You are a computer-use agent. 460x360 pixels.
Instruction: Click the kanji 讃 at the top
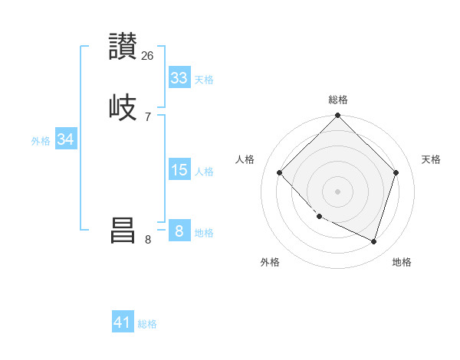click(x=123, y=47)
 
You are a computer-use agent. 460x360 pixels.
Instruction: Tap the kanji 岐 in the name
click(x=123, y=106)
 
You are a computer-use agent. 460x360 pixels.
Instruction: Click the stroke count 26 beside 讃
click(x=148, y=56)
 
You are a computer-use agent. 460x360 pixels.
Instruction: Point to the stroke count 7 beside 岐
click(x=148, y=116)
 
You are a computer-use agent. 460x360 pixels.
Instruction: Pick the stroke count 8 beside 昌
click(x=148, y=240)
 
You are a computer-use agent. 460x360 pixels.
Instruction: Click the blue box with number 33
click(x=179, y=77)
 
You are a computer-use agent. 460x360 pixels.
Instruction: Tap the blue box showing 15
click(x=179, y=169)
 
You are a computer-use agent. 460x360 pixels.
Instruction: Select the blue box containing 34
click(x=66, y=139)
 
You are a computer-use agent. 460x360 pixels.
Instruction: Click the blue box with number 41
click(x=123, y=322)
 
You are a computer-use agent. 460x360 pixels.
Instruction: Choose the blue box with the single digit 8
click(x=179, y=231)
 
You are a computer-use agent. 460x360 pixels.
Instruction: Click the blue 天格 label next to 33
click(x=204, y=80)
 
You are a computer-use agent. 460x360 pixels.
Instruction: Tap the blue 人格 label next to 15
click(x=204, y=172)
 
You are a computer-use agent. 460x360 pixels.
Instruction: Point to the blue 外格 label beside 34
click(x=41, y=141)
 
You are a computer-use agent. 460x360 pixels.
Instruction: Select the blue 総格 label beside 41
click(x=147, y=325)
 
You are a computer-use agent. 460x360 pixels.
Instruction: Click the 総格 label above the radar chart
click(x=338, y=100)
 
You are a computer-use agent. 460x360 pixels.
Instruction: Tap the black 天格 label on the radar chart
click(x=431, y=159)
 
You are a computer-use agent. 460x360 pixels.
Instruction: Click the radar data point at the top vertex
click(x=338, y=116)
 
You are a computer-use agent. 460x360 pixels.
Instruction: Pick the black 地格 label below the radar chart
click(x=402, y=262)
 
